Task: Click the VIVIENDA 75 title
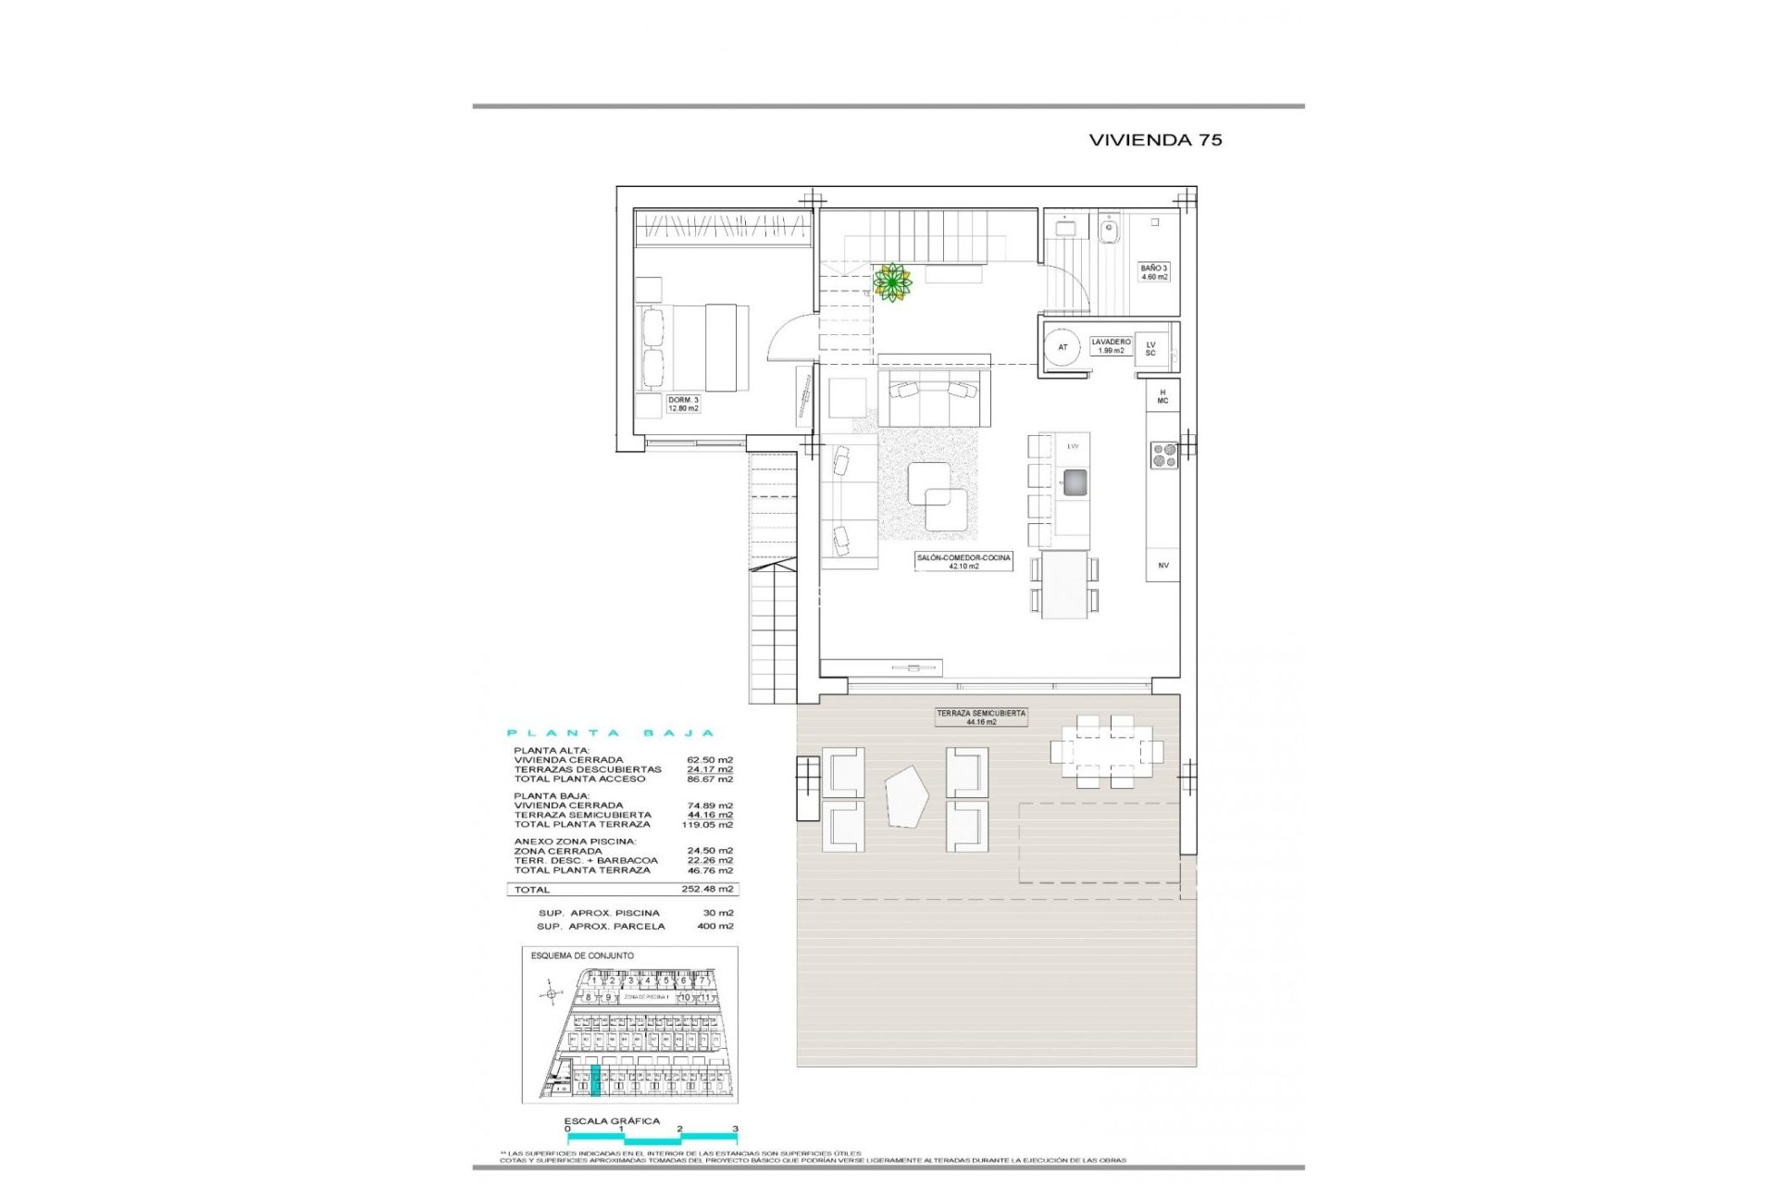point(1155,140)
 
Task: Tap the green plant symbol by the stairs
point(892,282)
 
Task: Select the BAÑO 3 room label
point(1154,272)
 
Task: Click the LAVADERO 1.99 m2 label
point(1111,346)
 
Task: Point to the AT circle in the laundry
point(1062,347)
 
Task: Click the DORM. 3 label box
point(683,404)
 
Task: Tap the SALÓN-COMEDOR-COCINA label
point(963,562)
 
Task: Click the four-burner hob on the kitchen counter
point(1163,455)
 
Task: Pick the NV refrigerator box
point(1163,565)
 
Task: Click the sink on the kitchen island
point(1075,481)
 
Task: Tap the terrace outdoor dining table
point(1106,750)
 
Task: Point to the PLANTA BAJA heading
point(611,733)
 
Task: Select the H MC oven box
point(1162,397)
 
